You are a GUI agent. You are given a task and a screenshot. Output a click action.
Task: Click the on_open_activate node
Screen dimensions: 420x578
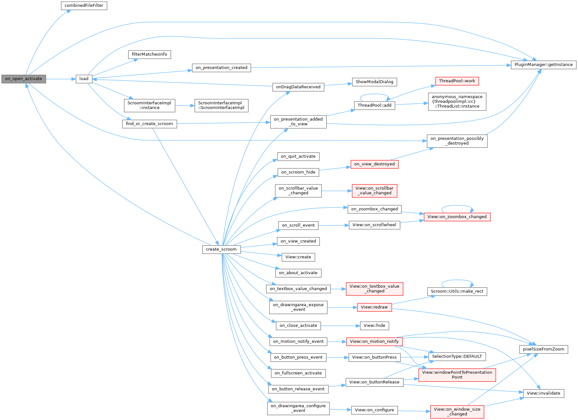(x=24, y=79)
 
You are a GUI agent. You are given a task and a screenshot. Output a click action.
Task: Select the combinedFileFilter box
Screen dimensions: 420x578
(x=84, y=6)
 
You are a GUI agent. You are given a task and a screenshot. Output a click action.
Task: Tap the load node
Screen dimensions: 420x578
(x=84, y=79)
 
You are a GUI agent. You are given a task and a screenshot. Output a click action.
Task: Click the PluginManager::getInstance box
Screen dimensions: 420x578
(x=543, y=65)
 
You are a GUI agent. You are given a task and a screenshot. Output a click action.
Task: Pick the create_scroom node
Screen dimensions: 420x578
(x=221, y=249)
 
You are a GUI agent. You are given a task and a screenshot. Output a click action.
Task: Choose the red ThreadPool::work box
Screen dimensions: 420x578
(x=457, y=81)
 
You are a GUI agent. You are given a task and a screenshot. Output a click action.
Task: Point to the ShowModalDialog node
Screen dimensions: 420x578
(x=374, y=82)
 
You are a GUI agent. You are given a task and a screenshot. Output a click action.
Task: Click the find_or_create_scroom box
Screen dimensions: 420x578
(x=149, y=124)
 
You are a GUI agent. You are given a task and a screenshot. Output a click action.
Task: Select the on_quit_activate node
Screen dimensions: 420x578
(x=298, y=156)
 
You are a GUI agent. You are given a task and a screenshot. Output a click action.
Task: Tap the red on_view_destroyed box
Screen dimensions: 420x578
(x=374, y=164)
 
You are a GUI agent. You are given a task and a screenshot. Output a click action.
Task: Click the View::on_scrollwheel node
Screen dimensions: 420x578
(x=374, y=225)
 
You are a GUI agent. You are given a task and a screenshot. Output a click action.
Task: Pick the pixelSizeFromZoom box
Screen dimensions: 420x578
(x=543, y=349)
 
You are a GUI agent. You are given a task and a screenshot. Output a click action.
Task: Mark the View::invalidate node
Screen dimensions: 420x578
(x=543, y=393)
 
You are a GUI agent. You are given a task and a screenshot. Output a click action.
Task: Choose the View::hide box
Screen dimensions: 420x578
(x=374, y=326)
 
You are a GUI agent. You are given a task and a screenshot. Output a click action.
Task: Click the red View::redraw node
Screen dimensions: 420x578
(x=374, y=307)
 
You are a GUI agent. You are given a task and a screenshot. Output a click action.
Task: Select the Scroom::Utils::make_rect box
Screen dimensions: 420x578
(x=457, y=291)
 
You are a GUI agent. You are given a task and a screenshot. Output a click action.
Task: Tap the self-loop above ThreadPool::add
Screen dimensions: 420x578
(x=374, y=94)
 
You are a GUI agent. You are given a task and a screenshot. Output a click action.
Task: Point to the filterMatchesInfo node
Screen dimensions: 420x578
(x=149, y=54)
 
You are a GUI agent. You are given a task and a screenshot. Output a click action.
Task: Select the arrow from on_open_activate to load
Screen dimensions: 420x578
(x=61, y=79)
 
